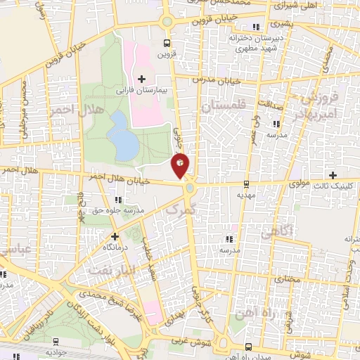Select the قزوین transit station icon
[x=166, y=41]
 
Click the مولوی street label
[x=298, y=185]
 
